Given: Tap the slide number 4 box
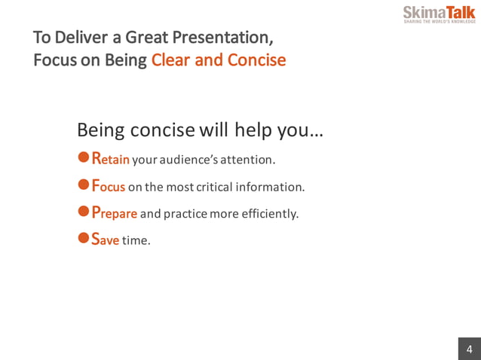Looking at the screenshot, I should coord(469,349).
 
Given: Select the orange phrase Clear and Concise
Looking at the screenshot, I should coord(219,60).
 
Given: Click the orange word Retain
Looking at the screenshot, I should coord(111,160).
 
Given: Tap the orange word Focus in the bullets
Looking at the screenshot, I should coord(108,186).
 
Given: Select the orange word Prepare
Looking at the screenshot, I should coord(114,213).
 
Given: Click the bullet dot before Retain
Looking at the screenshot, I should coord(84,158).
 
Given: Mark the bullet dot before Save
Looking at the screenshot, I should coord(84,239).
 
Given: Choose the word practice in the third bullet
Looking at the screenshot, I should coord(185,214).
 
